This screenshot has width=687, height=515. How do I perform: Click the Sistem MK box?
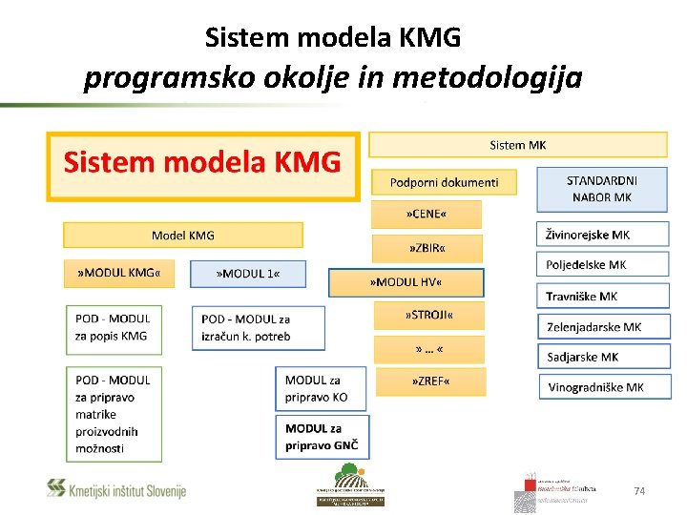(517, 145)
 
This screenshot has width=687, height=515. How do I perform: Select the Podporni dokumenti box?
(444, 182)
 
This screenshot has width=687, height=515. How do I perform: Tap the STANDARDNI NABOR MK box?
(601, 189)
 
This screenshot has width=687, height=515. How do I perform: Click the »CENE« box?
(427, 214)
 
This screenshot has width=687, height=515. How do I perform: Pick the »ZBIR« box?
(427, 248)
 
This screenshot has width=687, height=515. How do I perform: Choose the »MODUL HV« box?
(406, 282)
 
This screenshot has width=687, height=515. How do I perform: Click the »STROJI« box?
(428, 315)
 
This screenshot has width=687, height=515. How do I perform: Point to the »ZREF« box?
(429, 381)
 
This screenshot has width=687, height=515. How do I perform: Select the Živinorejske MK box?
(601, 235)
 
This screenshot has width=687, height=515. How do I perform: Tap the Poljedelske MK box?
(601, 265)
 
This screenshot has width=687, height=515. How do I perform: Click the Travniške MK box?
(601, 297)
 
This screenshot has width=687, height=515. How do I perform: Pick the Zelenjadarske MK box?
(603, 327)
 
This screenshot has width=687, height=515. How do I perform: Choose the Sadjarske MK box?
(601, 357)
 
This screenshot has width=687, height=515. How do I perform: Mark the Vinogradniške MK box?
(603, 387)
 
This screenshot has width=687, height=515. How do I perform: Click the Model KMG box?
(183, 236)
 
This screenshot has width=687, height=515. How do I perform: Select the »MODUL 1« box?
(248, 274)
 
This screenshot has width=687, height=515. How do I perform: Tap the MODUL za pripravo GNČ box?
(322, 437)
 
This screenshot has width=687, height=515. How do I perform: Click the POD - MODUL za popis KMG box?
(114, 327)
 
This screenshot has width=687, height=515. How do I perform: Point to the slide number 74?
(639, 491)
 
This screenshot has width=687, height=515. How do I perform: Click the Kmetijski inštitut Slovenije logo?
(116, 490)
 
